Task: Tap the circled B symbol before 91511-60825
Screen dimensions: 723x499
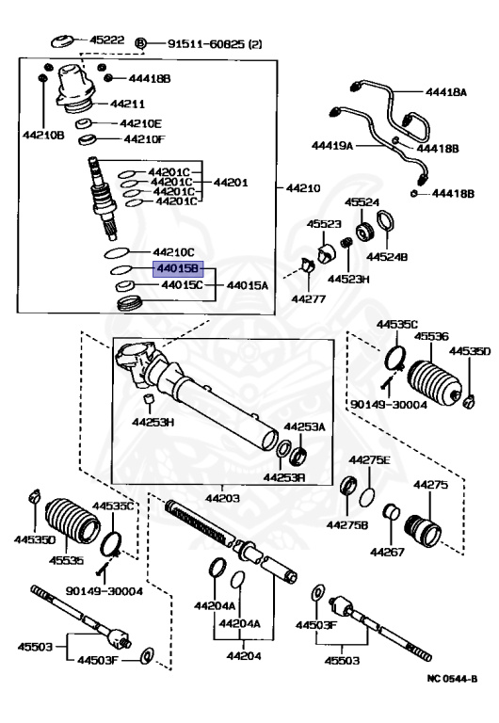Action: tap(141, 43)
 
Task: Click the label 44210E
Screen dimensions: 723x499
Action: tap(142, 123)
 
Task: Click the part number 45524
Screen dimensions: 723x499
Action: tap(362, 202)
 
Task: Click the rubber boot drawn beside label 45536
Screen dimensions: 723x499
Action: tap(434, 381)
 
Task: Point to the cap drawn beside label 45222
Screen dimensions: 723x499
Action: tap(61, 40)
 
